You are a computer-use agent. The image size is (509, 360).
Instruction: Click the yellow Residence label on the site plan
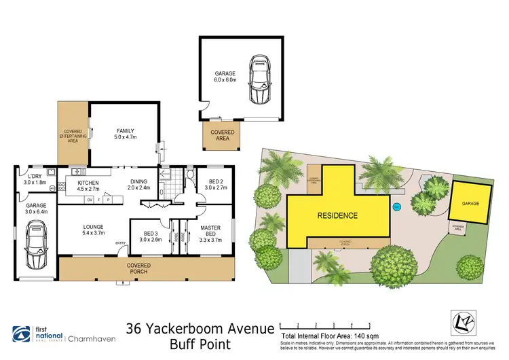(337, 215)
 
